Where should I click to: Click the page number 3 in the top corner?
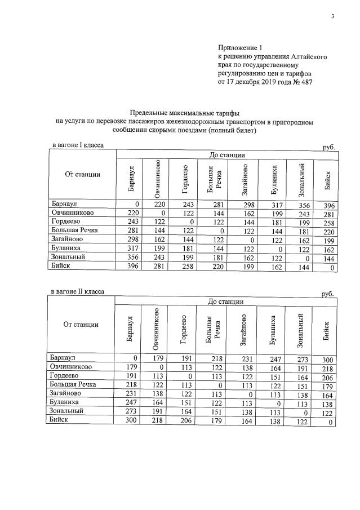coord(332,16)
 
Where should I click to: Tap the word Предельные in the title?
coord(149,113)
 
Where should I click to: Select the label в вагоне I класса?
coord(77,145)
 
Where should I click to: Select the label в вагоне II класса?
coord(77,292)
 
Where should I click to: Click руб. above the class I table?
coord(328,147)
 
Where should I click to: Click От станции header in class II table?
coord(82,324)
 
